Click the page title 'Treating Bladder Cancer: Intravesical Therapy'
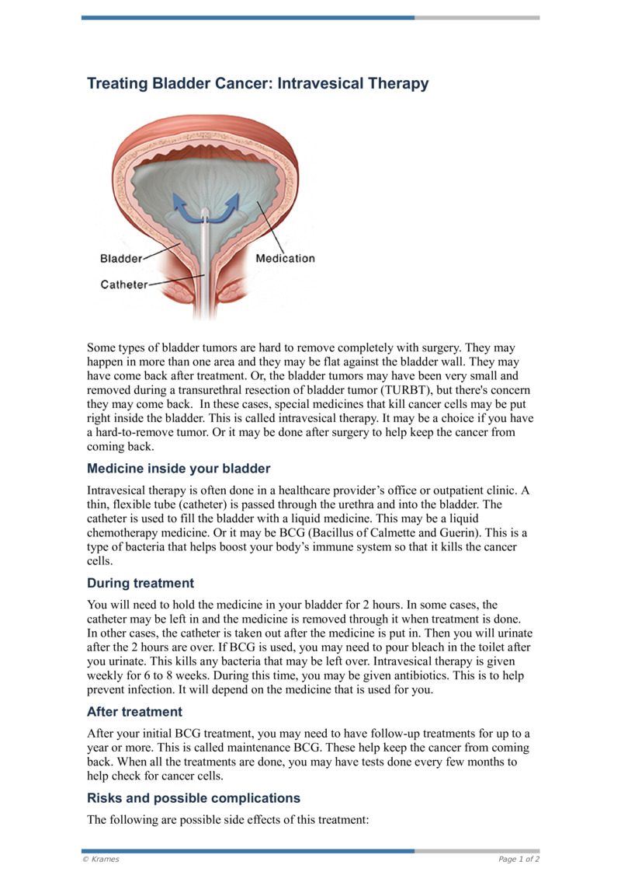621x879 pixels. (x=258, y=83)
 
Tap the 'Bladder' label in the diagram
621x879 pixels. (x=121, y=258)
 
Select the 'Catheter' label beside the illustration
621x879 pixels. (x=124, y=284)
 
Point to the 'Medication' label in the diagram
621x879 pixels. (x=285, y=258)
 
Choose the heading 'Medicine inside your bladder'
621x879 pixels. (x=179, y=469)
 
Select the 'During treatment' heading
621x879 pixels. (x=141, y=583)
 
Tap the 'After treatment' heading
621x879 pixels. (x=135, y=711)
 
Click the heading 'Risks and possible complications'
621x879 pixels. (x=193, y=798)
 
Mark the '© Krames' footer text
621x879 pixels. (x=101, y=859)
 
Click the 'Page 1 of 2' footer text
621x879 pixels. (x=519, y=859)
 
